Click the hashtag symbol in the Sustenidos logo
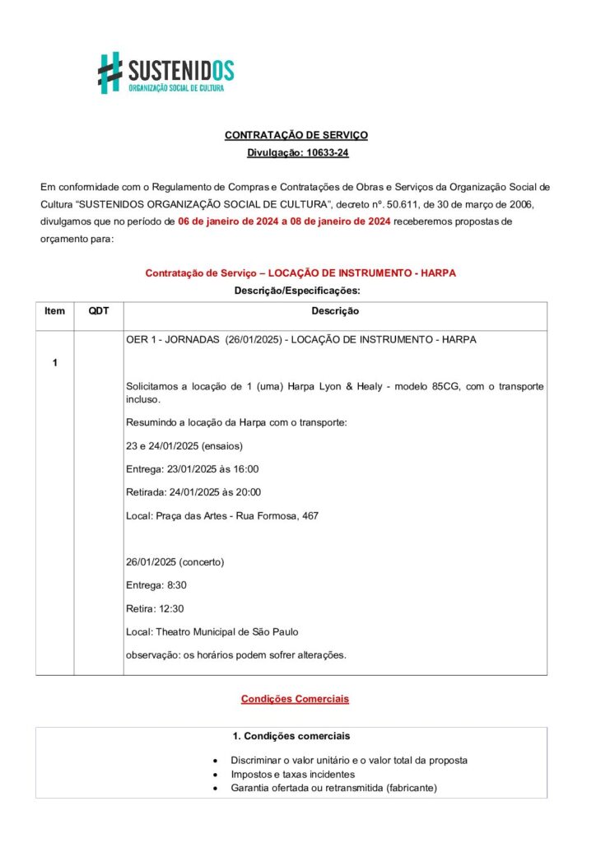click(110, 72)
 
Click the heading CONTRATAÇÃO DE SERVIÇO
click(296, 134)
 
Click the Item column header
click(54, 311)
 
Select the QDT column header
click(99, 311)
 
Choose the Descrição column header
click(335, 311)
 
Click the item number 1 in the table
click(54, 363)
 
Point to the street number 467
click(310, 516)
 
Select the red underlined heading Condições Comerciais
click(295, 699)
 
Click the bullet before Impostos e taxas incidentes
click(215, 775)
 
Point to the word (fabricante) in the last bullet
click(407, 788)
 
